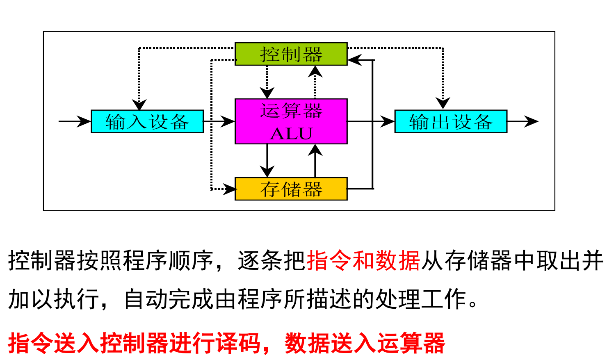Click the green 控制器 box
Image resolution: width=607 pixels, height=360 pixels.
[x=291, y=54]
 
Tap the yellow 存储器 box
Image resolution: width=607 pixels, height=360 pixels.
[x=291, y=189]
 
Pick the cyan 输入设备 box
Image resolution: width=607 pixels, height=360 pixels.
[x=147, y=121]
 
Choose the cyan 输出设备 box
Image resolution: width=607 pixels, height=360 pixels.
[x=450, y=121]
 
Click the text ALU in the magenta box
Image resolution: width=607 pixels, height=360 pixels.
[x=291, y=134]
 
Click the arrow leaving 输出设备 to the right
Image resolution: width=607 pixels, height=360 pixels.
[x=523, y=121]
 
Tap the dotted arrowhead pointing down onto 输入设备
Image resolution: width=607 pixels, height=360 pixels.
[x=139, y=104]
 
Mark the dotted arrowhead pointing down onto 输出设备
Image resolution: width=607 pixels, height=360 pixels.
[x=443, y=103]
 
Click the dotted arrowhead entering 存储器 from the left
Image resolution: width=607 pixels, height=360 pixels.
[x=230, y=189]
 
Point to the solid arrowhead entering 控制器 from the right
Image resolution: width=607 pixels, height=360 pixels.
[x=355, y=60]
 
